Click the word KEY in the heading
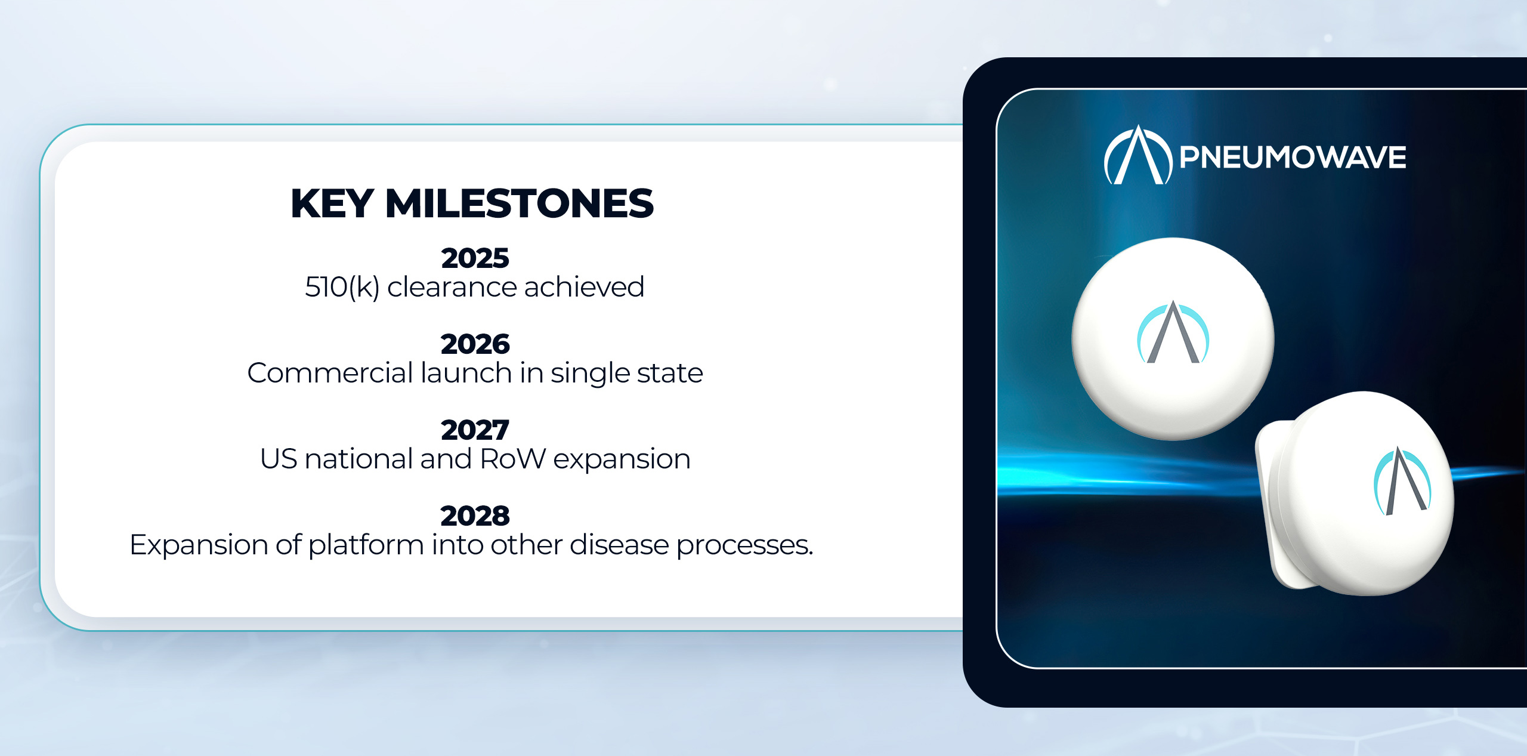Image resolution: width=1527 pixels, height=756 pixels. (332, 203)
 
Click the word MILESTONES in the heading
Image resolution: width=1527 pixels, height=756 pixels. (520, 203)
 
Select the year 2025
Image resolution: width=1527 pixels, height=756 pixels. (475, 258)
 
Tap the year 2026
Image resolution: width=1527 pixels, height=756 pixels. (475, 344)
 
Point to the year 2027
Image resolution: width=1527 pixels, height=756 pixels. (475, 430)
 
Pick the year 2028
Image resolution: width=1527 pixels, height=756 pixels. (475, 516)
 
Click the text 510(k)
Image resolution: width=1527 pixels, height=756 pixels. (342, 288)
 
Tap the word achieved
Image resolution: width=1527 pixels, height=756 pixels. (585, 287)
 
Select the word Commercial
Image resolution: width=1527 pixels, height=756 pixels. (330, 373)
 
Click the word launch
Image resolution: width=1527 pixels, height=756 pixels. (466, 373)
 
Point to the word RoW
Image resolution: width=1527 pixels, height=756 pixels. (513, 459)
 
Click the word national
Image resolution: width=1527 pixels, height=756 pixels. (358, 459)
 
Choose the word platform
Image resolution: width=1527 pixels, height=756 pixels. (366, 545)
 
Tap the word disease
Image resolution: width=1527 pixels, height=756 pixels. (619, 545)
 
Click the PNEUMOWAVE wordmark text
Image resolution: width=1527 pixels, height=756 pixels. (1293, 158)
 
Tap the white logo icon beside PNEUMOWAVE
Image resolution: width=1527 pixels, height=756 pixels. (1138, 155)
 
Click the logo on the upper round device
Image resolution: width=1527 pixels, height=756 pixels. (1173, 332)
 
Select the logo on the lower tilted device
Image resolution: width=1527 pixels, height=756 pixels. (1401, 481)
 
